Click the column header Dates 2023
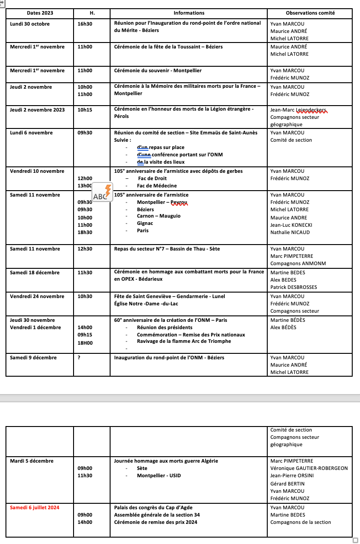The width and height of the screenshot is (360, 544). point(40,13)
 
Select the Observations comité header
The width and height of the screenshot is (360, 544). point(310,13)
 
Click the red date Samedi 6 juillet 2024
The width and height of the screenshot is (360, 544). point(35,507)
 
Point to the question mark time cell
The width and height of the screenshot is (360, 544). point(79,357)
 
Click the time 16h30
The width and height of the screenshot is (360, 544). point(85,24)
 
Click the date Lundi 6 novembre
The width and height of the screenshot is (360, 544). point(31,133)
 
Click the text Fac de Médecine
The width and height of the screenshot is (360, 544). point(157,186)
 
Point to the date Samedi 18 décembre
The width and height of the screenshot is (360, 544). point(35,272)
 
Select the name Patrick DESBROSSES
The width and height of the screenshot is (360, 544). point(293,287)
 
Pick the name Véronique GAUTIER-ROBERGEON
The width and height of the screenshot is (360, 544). point(309,468)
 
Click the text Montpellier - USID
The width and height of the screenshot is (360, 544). point(159,475)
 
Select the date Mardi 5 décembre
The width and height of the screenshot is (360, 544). point(32,461)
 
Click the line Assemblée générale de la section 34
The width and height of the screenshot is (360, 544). point(157,515)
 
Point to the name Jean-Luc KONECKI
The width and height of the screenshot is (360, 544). point(291,225)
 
